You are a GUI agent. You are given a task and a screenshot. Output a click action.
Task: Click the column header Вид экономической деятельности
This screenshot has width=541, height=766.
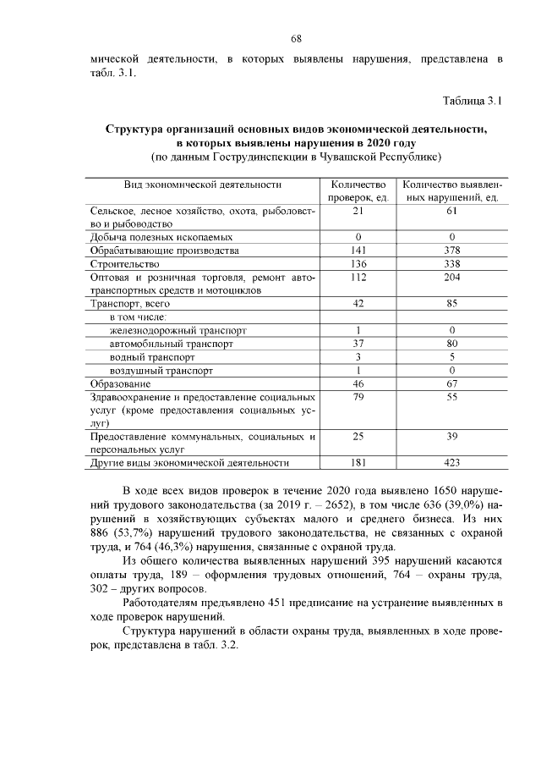(202, 184)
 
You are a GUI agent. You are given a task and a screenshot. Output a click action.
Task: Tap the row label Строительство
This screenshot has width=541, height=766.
(124, 263)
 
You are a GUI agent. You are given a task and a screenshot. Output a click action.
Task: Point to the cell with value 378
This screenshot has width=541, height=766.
(452, 251)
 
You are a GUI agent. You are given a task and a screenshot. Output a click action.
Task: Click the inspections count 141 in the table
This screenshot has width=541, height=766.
(358, 251)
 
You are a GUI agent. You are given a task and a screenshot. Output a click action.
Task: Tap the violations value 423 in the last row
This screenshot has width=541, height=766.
(452, 463)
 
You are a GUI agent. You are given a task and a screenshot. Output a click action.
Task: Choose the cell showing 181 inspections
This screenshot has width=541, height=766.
(358, 463)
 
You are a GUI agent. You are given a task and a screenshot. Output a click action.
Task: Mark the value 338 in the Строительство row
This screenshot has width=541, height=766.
(452, 263)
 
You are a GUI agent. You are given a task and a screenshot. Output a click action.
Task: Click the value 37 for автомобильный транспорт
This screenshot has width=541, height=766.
(358, 344)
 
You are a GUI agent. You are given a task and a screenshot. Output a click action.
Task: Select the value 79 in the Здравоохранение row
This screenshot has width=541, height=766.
(358, 396)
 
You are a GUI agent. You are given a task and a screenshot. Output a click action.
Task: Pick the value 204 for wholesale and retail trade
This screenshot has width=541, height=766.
(452, 277)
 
